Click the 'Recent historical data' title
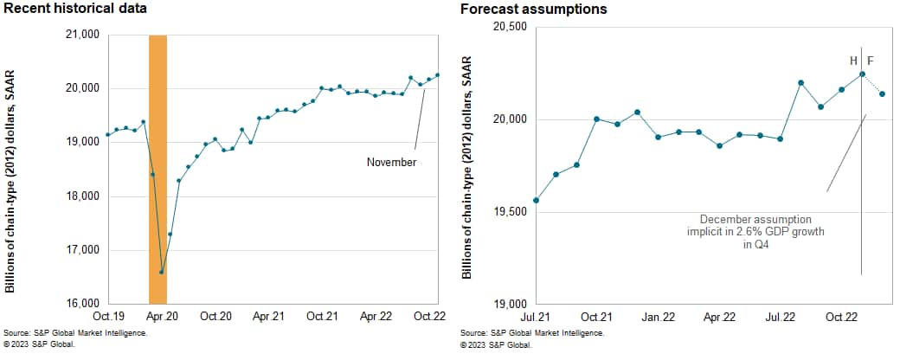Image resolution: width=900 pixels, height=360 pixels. [74, 9]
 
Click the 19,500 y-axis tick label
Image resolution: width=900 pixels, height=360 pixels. [509, 212]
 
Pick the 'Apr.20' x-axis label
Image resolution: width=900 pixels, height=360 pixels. [162, 317]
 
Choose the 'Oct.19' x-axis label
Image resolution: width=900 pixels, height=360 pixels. [108, 317]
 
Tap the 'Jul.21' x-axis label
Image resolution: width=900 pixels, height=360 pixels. [537, 317]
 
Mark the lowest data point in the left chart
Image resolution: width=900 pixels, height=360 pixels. [162, 272]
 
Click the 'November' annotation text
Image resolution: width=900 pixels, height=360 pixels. [392, 162]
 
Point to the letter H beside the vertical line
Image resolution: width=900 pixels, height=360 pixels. [854, 61]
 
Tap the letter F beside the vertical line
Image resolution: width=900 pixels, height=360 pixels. [871, 61]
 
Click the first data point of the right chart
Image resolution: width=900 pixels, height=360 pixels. [537, 200]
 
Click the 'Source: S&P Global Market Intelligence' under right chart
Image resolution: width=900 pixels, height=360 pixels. [531, 333]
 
